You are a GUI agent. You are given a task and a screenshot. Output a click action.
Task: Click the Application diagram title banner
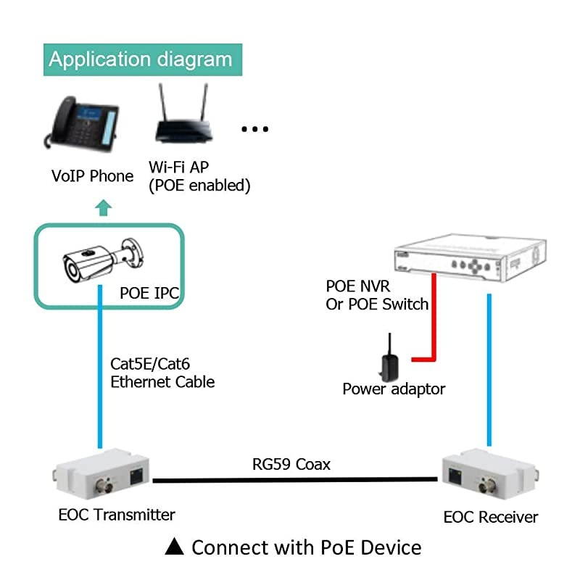pyautogui.click(x=141, y=59)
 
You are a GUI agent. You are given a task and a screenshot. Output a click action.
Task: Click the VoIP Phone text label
pyautogui.click(x=92, y=176)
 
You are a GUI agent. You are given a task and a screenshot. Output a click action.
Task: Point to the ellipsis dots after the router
pyautogui.click(x=254, y=129)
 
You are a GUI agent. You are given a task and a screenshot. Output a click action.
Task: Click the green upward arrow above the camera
pyautogui.click(x=104, y=209)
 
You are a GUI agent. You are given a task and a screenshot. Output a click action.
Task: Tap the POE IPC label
pyautogui.click(x=149, y=293)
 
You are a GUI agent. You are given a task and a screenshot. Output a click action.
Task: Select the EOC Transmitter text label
pyautogui.click(x=117, y=515)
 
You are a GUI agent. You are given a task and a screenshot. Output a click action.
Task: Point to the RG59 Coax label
pyautogui.click(x=291, y=464)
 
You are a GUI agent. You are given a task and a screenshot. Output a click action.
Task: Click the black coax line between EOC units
pyautogui.click(x=294, y=479)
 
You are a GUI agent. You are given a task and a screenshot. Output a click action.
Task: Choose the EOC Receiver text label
pyautogui.click(x=491, y=517)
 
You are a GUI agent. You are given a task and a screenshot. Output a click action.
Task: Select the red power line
pyautogui.click(x=434, y=319)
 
